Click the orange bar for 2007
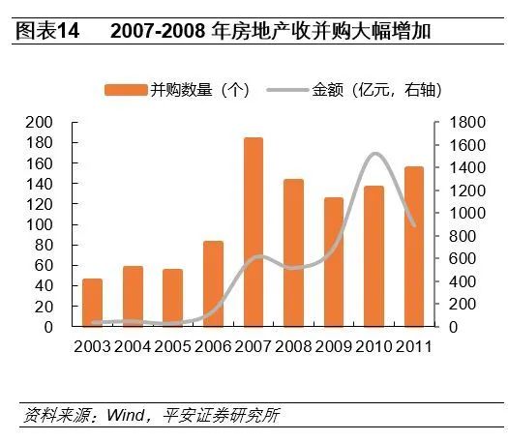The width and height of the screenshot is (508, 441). tap(254, 232)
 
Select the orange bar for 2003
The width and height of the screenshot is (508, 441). tap(93, 303)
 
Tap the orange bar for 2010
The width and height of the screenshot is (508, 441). tap(374, 256)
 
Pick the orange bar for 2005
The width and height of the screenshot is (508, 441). tap(173, 298)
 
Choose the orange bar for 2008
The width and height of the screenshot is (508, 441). tap(293, 252)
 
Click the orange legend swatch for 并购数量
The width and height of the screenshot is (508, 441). tap(125, 90)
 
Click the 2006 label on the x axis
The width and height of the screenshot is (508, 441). tap(213, 345)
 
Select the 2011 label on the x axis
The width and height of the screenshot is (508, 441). tap(413, 345)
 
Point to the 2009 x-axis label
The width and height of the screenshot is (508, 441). tap(334, 345)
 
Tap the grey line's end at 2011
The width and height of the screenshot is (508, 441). tap(414, 225)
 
